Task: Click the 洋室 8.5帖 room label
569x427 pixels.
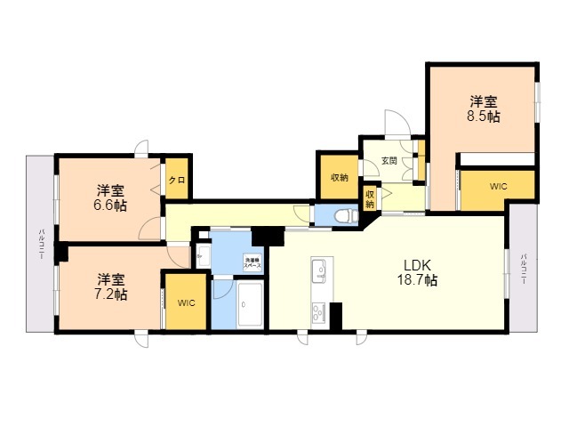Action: [484, 109]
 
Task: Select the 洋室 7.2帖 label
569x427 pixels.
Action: [112, 286]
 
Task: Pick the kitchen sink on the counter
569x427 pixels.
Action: [320, 270]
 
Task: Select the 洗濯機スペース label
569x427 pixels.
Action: [253, 262]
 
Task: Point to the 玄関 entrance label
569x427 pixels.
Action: [389, 161]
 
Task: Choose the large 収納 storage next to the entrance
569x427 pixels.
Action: [339, 177]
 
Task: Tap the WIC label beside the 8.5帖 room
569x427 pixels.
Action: [499, 187]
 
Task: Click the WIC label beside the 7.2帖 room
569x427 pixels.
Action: [186, 303]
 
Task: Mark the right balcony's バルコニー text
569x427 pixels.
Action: [524, 268]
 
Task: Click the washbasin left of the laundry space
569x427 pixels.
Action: [202, 256]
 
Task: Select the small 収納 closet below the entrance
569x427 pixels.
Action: [369, 198]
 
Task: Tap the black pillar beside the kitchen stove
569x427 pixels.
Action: [336, 315]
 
